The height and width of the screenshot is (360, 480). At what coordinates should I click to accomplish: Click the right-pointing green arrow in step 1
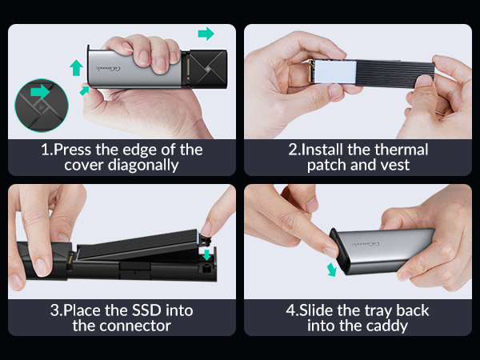pyautogui.click(x=206, y=34)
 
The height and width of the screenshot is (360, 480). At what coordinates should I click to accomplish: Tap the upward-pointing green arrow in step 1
pyautogui.click(x=76, y=67)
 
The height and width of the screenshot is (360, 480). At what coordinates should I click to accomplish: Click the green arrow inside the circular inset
pyautogui.click(x=38, y=93)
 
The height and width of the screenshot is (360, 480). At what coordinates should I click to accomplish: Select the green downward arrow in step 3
pyautogui.click(x=209, y=255)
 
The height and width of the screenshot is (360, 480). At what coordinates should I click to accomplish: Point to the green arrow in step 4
pyautogui.click(x=331, y=268)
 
